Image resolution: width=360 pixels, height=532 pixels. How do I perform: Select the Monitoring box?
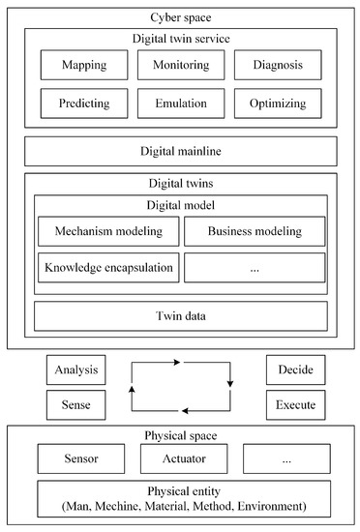tap(179, 64)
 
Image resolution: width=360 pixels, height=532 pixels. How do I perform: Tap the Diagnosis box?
tap(277, 64)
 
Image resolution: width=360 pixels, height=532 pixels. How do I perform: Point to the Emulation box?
tap(179, 103)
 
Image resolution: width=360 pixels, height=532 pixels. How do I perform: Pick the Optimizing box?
tap(277, 103)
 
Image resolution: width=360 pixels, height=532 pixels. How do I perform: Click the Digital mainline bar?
tap(180, 150)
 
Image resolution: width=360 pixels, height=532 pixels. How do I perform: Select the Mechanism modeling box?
tap(108, 230)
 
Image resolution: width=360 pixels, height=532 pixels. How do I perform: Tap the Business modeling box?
tap(255, 230)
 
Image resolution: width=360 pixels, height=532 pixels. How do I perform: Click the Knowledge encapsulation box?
tap(108, 267)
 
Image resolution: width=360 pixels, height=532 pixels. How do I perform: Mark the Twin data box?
tap(180, 315)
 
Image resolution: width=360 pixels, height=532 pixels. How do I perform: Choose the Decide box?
tap(295, 369)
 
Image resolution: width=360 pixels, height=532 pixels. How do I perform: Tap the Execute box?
tap(295, 403)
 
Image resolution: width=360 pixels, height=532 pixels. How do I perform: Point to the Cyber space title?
tap(180, 16)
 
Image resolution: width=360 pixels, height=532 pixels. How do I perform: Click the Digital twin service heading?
tap(180, 38)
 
